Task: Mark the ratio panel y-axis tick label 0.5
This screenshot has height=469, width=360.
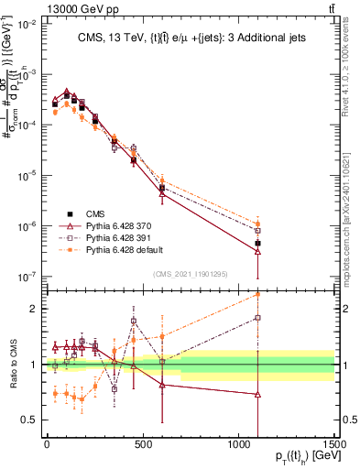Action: pyautogui.click(x=28, y=420)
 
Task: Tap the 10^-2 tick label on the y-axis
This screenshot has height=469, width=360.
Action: pyautogui.click(x=26, y=24)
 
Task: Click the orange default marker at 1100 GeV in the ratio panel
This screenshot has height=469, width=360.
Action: pyautogui.click(x=257, y=294)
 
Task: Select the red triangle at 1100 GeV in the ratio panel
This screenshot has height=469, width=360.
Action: pyautogui.click(x=257, y=394)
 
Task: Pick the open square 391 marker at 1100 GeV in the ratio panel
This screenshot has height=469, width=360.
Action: pyautogui.click(x=257, y=318)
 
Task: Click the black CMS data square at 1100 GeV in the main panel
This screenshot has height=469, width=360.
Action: pyautogui.click(x=257, y=244)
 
